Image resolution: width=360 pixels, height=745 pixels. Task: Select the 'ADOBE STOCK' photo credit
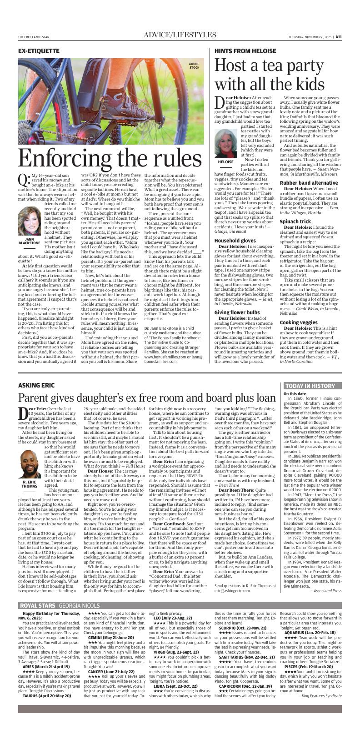(x=194, y=65)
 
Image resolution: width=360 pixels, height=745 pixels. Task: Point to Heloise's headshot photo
(x=226, y=144)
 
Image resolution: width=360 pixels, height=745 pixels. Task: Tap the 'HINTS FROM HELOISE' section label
(x=245, y=51)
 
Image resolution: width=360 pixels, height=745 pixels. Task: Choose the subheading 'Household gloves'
(x=235, y=241)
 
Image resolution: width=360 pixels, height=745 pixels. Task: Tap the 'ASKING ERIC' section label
(x=36, y=386)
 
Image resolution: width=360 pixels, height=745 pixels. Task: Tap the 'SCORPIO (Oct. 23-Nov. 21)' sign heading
(x=246, y=628)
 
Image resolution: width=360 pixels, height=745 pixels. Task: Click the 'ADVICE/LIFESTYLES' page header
(x=180, y=35)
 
